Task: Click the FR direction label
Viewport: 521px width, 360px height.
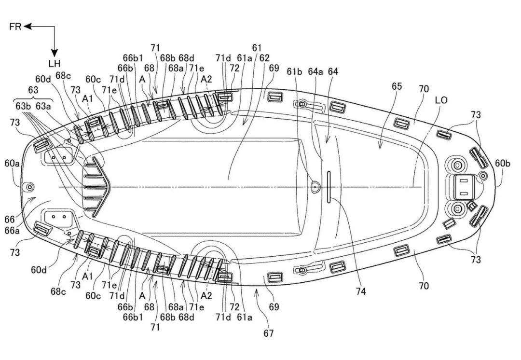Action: click(15, 27)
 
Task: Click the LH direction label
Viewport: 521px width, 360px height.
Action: click(54, 64)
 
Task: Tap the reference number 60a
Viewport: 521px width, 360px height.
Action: click(13, 164)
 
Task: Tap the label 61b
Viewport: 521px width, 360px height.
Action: click(295, 71)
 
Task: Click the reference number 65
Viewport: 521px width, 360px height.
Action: click(397, 86)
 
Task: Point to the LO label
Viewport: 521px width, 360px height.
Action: click(441, 100)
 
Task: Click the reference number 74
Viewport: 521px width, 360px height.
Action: click(360, 291)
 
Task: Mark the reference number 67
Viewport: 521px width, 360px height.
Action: click(268, 333)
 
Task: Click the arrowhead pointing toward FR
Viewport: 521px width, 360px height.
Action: click(27, 27)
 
